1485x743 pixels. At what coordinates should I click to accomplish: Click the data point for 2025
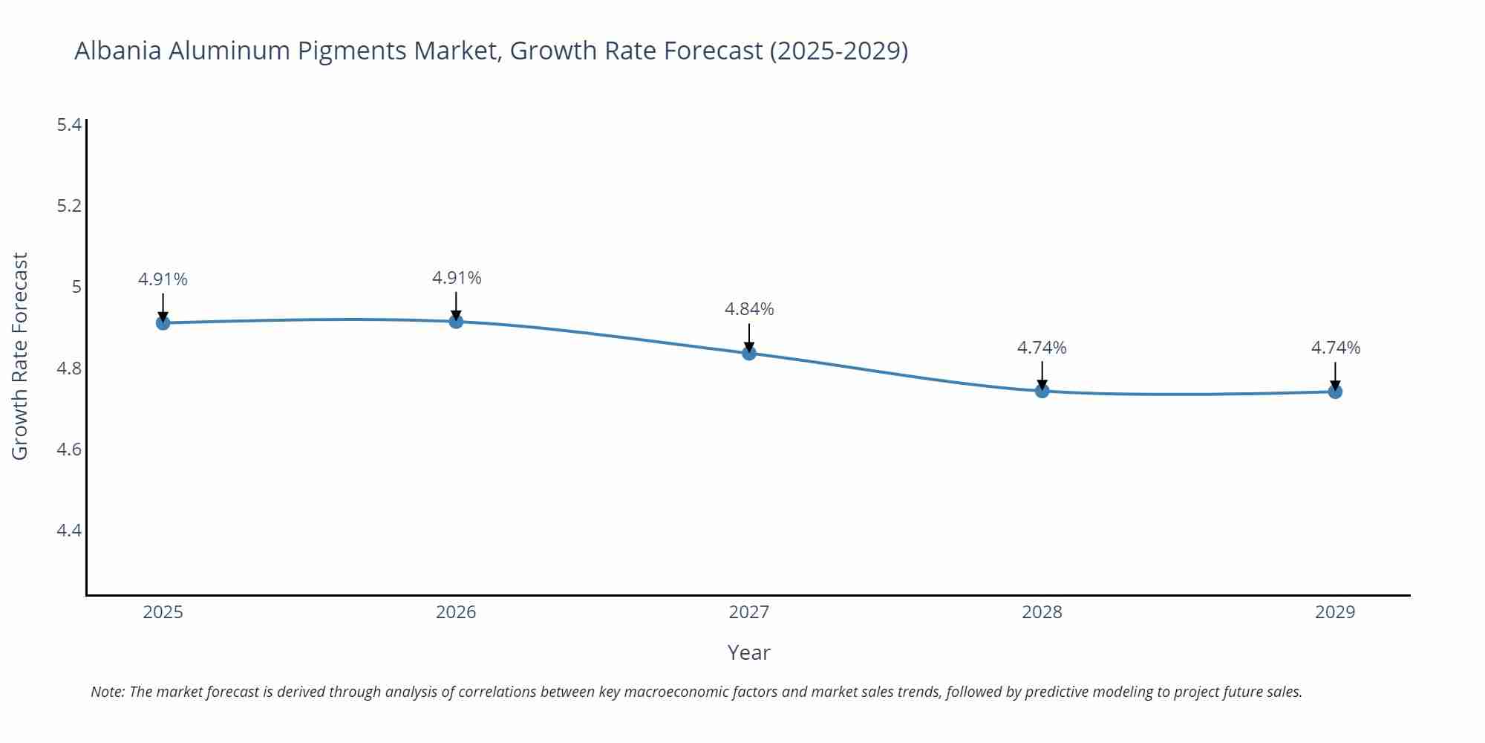(x=163, y=322)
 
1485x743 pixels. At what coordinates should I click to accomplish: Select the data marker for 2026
(x=456, y=321)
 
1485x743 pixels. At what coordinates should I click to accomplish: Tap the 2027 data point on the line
(x=749, y=353)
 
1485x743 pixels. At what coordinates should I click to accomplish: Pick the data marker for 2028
(x=1042, y=391)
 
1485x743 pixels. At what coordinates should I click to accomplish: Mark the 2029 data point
(x=1335, y=392)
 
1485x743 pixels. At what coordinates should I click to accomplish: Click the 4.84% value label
(x=749, y=309)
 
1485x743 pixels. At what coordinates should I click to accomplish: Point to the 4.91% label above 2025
(x=163, y=279)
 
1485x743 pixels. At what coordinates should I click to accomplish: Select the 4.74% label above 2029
(x=1335, y=348)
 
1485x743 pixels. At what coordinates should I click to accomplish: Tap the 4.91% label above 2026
(x=457, y=278)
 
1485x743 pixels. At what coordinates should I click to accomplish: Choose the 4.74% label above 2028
(x=1042, y=348)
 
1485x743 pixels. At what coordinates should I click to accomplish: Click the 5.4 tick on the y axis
(x=69, y=125)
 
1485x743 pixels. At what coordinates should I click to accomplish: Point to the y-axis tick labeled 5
(x=76, y=287)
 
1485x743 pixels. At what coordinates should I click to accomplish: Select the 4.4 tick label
(x=69, y=531)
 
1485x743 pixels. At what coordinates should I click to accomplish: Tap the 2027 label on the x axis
(x=749, y=612)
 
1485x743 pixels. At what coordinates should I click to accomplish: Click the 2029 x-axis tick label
(x=1335, y=612)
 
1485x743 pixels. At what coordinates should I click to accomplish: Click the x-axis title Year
(x=748, y=652)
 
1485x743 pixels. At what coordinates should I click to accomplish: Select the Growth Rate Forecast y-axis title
(x=20, y=356)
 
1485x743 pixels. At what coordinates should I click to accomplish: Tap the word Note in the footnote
(x=107, y=692)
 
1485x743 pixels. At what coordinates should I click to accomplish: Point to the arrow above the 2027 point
(x=749, y=337)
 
